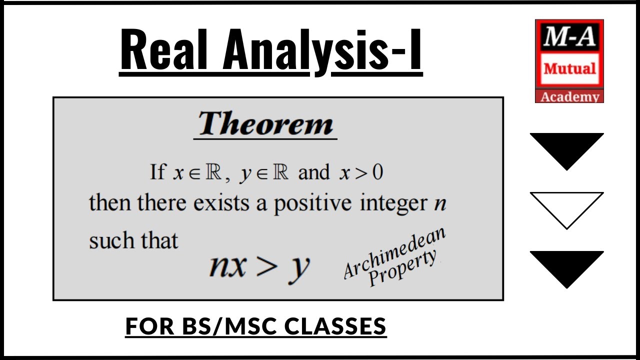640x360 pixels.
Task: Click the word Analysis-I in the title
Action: pyautogui.click(x=323, y=50)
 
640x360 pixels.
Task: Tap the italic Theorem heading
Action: pyautogui.click(x=265, y=124)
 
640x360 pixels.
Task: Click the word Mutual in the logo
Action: pyautogui.click(x=569, y=68)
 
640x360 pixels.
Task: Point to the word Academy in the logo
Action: pyautogui.click(x=569, y=96)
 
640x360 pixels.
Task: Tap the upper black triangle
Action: pyautogui.click(x=566, y=148)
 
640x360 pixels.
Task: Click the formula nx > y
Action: pyautogui.click(x=259, y=266)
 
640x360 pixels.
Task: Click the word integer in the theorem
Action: pyautogui.click(x=394, y=204)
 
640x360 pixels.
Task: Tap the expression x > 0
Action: pyautogui.click(x=360, y=173)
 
